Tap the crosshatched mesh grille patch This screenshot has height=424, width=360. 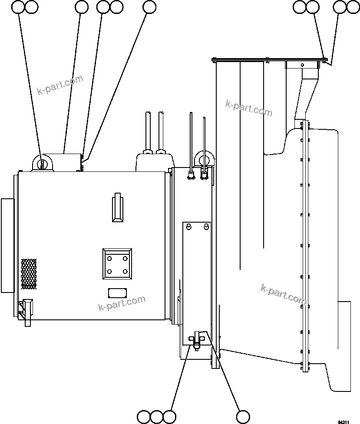point(29,274)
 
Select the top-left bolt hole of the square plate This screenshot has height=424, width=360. point(109,259)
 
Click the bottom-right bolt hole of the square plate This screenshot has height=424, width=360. point(125,272)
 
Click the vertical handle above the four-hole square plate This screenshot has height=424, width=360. point(117,207)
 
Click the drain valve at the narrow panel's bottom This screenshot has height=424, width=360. point(197,339)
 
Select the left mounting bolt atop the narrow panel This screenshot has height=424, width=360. point(189,227)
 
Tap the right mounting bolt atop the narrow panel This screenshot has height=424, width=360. point(206,227)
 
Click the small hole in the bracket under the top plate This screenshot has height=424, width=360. point(303,65)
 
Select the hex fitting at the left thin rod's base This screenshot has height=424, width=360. point(190,175)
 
